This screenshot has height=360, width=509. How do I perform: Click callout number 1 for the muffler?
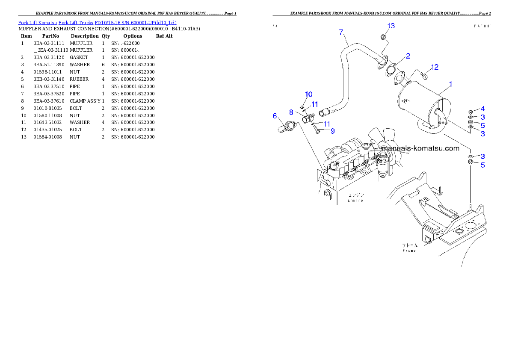[x=451, y=85]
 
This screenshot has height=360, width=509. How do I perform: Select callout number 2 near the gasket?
[x=408, y=56]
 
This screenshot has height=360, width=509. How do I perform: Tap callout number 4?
[x=482, y=109]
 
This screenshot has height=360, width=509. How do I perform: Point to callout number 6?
[x=275, y=116]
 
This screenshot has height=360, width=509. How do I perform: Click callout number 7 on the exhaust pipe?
[x=341, y=32]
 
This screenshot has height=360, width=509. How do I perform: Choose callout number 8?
[x=291, y=112]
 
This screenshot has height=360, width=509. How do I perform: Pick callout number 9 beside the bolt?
[x=332, y=131]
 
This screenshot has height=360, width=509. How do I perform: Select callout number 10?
[x=308, y=94]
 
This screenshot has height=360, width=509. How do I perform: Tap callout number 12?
[x=435, y=67]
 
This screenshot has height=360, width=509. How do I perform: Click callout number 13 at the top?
[x=391, y=26]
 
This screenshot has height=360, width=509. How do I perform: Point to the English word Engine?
[x=355, y=200]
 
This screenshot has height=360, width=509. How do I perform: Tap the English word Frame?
[x=409, y=250]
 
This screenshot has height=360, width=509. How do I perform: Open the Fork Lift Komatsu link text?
[x=97, y=22]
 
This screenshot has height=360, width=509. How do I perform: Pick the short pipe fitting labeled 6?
[x=287, y=127]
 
